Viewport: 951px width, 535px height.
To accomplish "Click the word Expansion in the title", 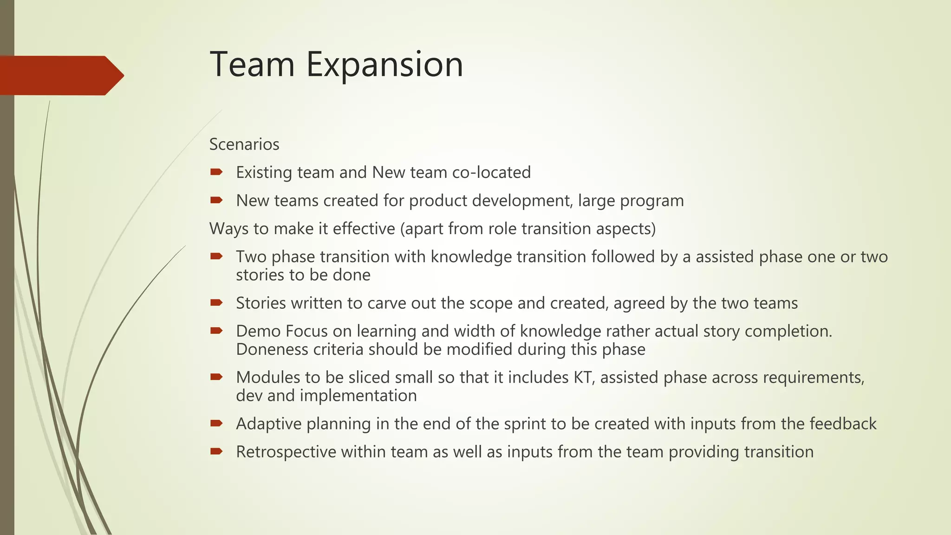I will [x=384, y=65].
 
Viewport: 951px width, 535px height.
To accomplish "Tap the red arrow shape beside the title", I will [x=60, y=75].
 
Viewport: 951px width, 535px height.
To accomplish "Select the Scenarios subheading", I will [x=244, y=144].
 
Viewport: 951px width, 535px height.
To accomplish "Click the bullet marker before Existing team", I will [x=216, y=172].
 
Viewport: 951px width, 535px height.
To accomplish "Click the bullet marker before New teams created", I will [x=216, y=200].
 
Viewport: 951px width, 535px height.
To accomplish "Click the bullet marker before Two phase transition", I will [x=216, y=256].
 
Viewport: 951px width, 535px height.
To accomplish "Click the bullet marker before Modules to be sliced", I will [x=216, y=377].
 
